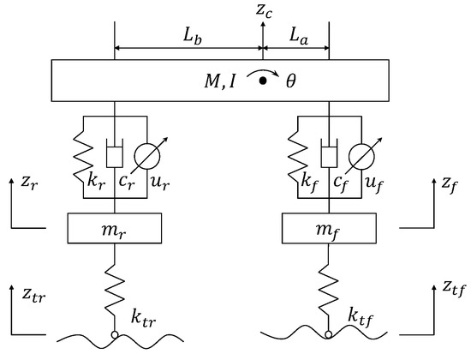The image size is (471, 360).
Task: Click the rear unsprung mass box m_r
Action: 115,229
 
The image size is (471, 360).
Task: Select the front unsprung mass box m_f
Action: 327,229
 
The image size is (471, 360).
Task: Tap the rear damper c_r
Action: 115,157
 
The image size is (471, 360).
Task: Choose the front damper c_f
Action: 327,157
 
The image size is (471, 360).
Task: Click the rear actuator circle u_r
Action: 146,157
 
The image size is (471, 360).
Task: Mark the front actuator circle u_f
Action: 359,157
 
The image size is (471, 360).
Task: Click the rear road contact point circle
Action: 115,336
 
